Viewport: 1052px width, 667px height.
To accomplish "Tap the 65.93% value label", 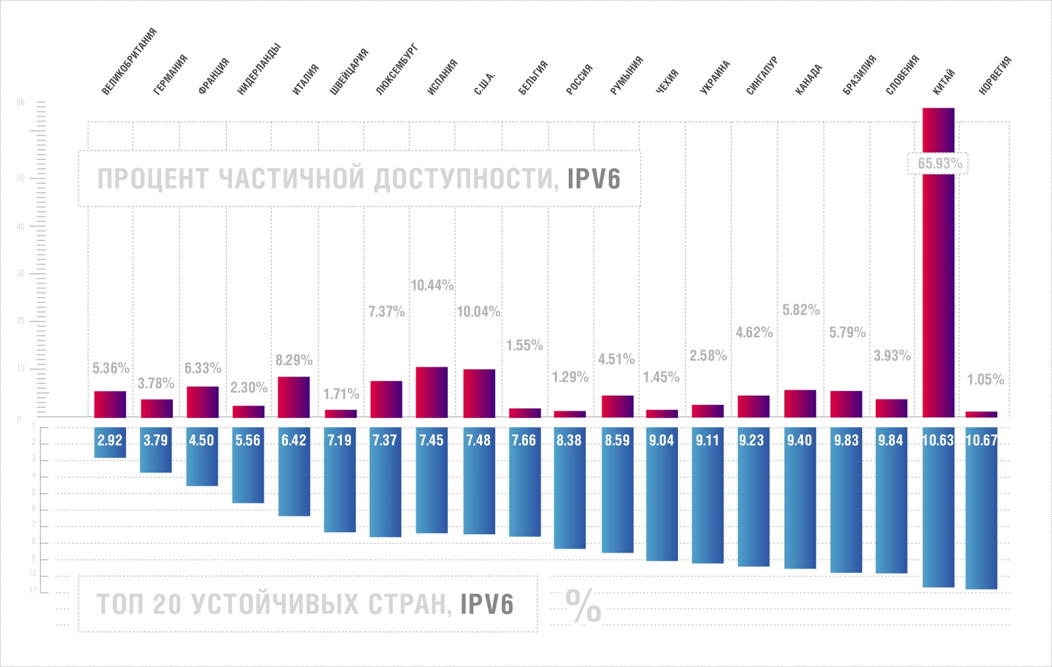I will [940, 164].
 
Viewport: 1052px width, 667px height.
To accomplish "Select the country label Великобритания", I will [129, 61].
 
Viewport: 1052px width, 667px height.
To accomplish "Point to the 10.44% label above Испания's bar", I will [432, 285].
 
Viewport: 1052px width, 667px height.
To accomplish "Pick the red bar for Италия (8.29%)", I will [294, 397].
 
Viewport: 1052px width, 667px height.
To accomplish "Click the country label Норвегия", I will [994, 76].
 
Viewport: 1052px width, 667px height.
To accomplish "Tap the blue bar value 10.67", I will [981, 441].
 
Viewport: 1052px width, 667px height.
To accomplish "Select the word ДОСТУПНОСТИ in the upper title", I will [466, 179].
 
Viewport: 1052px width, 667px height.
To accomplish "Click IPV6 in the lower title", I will [487, 605].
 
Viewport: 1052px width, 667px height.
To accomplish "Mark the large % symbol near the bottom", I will [583, 606].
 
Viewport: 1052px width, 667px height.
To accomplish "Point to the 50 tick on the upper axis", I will [20, 178].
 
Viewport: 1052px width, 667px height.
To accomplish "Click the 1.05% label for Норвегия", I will [985, 380].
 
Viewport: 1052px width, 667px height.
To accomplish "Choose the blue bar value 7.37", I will [385, 441].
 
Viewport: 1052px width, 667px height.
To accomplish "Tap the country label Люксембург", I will [396, 70].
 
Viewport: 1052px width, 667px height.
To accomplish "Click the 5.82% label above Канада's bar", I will [801, 310].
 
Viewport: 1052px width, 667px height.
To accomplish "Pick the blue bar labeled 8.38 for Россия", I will [569, 441].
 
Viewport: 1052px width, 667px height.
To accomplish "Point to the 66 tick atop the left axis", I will [20, 103].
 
